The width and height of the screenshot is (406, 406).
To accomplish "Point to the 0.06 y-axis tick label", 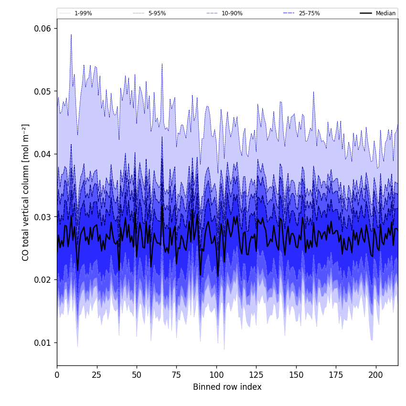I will click(x=43, y=28).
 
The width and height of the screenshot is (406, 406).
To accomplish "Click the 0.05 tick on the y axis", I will click(x=43, y=91).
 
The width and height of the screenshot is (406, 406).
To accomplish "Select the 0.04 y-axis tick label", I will click(x=43, y=154).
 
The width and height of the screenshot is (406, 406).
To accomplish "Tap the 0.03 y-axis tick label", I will click(x=43, y=217).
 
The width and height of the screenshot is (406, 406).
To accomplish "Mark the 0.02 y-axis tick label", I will click(x=43, y=279).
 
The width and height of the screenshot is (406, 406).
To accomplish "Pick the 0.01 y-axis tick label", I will click(x=43, y=342).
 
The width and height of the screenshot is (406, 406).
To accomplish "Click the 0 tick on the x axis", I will click(x=57, y=375).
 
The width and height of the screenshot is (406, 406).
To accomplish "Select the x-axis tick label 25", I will click(x=97, y=375).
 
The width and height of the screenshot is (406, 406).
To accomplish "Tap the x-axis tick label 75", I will click(x=177, y=375).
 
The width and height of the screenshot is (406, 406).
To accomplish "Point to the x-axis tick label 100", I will click(x=216, y=375).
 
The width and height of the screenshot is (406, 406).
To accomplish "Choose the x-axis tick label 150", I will click(x=296, y=375).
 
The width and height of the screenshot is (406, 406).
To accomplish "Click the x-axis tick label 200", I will click(x=376, y=375).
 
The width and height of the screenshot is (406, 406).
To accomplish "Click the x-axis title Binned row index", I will click(x=227, y=387).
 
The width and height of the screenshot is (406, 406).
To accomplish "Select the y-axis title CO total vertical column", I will click(x=26, y=192).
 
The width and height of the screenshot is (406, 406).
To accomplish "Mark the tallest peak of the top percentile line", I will click(x=71, y=34).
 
